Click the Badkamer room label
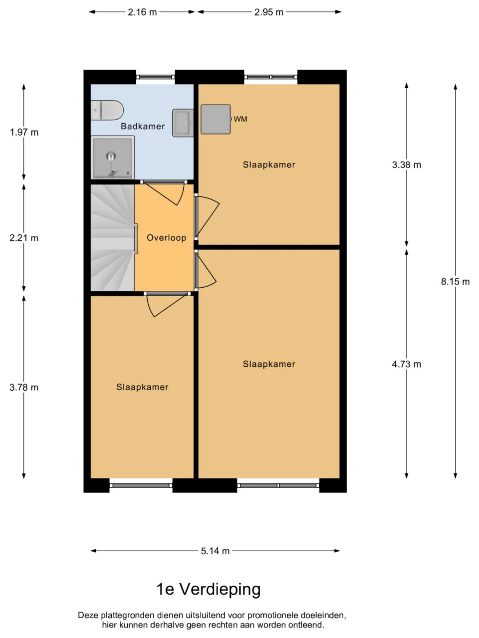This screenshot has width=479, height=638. (143, 127)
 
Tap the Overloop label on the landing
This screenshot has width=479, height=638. (166, 238)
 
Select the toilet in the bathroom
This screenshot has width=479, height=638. (107, 110)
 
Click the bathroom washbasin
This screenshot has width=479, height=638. (183, 123)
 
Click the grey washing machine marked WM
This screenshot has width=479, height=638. (216, 120)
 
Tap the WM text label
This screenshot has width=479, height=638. (240, 119)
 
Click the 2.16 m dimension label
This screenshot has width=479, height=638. (142, 12)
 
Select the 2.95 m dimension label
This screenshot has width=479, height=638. (269, 12)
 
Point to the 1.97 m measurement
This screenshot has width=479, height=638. (24, 133)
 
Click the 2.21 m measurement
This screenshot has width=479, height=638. (24, 238)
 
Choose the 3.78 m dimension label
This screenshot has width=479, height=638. (24, 387)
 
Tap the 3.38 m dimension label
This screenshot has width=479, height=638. (407, 165)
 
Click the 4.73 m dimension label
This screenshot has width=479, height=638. (407, 364)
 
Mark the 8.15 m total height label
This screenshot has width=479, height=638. (455, 281)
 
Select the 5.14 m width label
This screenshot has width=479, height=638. (215, 551)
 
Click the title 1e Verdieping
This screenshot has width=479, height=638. (209, 590)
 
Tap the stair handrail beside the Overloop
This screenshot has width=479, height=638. (136, 239)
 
